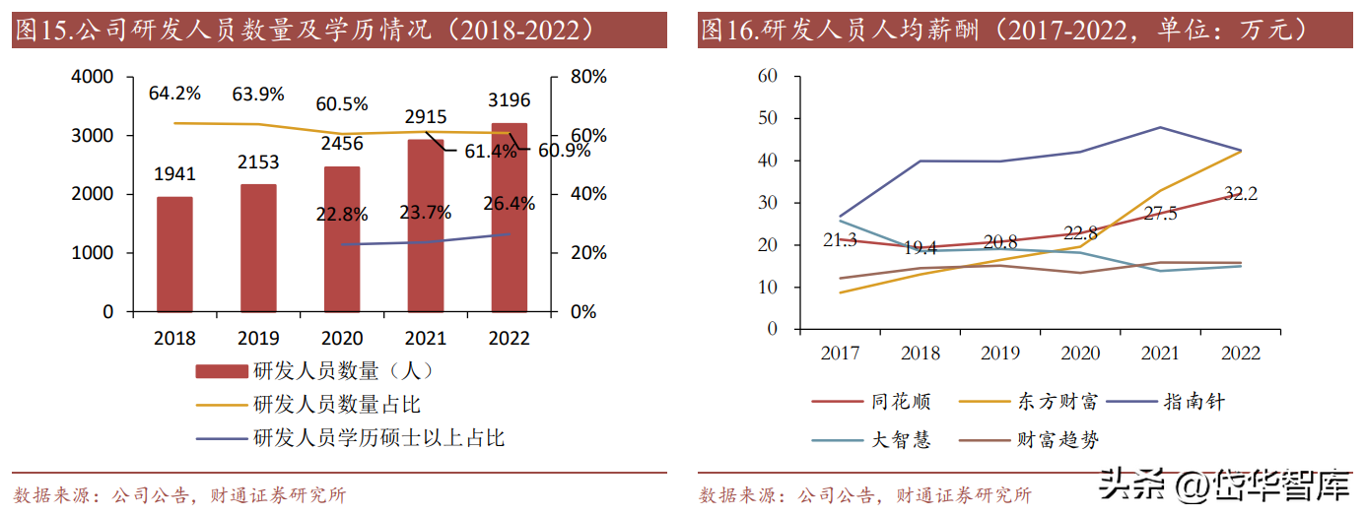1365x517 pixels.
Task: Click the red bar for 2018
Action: [x=174, y=254]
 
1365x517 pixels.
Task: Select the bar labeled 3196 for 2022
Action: [x=510, y=217]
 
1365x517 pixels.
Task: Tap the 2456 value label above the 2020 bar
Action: [x=342, y=144]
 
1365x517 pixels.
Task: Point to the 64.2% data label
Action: [x=174, y=94]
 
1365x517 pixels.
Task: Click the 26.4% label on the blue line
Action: [x=510, y=204]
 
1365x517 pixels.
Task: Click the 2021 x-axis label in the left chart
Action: [x=426, y=338]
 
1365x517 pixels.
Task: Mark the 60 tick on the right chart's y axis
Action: [x=767, y=76]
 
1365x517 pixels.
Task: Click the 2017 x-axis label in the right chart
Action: [x=840, y=353]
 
